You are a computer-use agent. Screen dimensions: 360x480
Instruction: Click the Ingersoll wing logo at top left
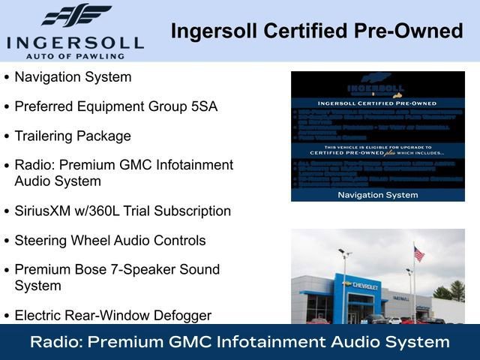(x=76, y=15)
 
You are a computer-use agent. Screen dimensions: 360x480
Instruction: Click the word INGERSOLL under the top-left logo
(x=75, y=41)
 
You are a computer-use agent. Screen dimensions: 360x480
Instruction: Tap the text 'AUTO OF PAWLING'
(x=75, y=55)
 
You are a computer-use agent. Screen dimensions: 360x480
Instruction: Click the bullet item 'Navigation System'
(x=73, y=77)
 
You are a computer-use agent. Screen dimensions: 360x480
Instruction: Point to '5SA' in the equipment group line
(x=202, y=106)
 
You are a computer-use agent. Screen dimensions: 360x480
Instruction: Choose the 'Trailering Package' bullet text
(x=73, y=136)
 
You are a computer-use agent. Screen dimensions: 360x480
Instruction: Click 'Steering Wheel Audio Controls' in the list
(x=110, y=241)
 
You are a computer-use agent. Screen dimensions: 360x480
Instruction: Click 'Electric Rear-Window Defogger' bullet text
(x=113, y=316)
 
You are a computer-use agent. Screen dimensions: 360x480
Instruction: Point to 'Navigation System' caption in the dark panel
(x=377, y=194)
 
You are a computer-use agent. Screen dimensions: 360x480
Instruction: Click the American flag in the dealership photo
(x=418, y=254)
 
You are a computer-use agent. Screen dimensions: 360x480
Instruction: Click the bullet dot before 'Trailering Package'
(x=7, y=136)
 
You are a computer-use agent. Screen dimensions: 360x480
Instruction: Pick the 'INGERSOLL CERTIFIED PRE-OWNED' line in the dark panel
(x=377, y=104)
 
